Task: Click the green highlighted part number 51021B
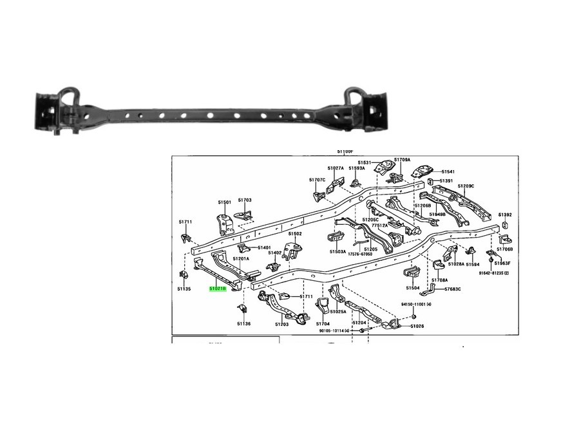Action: (x=217, y=289)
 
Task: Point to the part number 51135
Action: (x=184, y=289)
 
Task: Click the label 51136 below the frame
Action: (x=243, y=323)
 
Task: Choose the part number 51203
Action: (x=281, y=324)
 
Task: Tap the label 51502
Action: (x=295, y=234)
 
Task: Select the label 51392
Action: (x=505, y=215)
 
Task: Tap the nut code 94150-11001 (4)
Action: (x=416, y=303)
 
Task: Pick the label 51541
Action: (x=448, y=171)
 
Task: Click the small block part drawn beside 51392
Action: (x=505, y=225)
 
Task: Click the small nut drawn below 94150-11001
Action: (x=414, y=316)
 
